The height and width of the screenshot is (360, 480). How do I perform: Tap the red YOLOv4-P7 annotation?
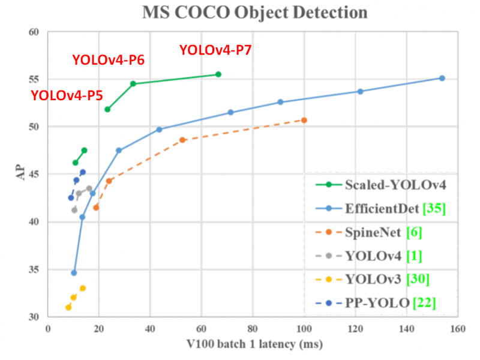[215, 51]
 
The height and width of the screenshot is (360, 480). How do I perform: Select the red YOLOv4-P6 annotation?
[108, 59]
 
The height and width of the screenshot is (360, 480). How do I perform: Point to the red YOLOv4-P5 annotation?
[67, 95]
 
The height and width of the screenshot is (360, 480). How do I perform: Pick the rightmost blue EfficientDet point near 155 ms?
[442, 78]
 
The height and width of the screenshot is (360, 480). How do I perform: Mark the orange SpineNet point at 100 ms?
[304, 120]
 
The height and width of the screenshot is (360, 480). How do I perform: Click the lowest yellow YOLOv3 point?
[68, 307]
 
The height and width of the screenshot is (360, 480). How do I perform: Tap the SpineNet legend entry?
[372, 232]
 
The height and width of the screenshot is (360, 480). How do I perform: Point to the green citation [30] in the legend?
[418, 280]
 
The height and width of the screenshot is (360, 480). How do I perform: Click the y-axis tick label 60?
[34, 32]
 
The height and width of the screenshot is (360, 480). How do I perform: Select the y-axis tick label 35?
[34, 269]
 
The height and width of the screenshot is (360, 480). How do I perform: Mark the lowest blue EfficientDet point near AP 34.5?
[74, 272]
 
